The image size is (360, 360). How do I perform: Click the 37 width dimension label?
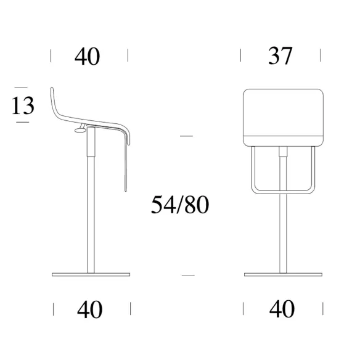[x=280, y=56]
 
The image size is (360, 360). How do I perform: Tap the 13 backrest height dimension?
[x=23, y=105]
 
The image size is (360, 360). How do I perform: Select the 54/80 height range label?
[x=180, y=205]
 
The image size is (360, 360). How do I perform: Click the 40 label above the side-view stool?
[x=88, y=56]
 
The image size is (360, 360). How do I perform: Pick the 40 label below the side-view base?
[x=90, y=309]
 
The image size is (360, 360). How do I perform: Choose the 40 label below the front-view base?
[x=282, y=309]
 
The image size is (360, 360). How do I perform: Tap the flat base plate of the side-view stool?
[x=91, y=274]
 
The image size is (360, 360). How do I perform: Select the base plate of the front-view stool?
[x=283, y=274]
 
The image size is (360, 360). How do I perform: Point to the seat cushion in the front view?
[x=284, y=117]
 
